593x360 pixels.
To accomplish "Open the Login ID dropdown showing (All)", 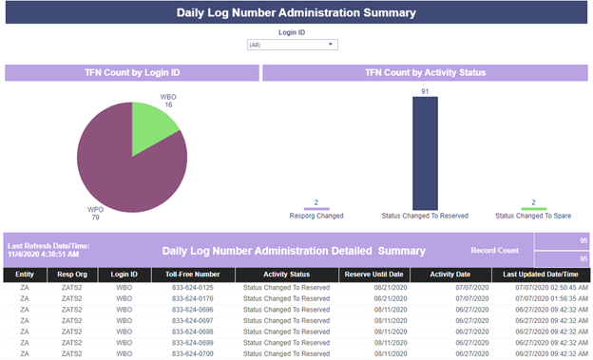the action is tap(293, 45).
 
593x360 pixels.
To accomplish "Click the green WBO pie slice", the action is tap(151, 124).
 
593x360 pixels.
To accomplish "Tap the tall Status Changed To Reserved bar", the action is tap(425, 153).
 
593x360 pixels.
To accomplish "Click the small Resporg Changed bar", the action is tap(316, 209).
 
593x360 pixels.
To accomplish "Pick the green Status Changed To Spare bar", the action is tap(534, 209).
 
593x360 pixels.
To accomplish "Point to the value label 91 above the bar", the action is tap(425, 91).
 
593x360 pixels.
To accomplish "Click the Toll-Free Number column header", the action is tap(193, 275).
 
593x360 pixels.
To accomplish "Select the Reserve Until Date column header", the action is tap(373, 275).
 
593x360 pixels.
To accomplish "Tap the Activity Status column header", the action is tap(286, 275).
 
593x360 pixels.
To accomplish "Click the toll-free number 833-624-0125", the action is tap(193, 288).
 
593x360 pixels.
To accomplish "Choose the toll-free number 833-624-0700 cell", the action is tap(193, 354).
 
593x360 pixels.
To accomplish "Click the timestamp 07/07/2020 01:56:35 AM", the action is tap(551, 299).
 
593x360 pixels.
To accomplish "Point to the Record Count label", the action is tap(495, 251).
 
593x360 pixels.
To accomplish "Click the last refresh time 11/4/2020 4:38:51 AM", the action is tap(43, 255).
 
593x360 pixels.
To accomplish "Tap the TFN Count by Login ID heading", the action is tap(132, 72).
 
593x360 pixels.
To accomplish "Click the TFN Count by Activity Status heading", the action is tap(425, 72).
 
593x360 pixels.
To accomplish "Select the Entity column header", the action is tap(25, 275).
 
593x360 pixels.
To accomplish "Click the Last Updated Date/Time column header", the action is tap(541, 275).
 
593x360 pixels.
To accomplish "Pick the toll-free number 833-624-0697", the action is tap(193, 321).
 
